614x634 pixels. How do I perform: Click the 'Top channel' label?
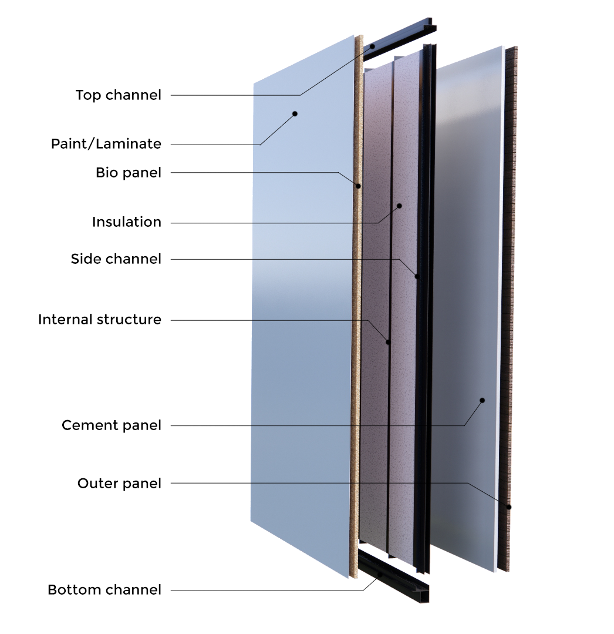119,95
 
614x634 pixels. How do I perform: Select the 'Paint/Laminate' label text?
106,144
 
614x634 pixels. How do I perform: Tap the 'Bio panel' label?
128,173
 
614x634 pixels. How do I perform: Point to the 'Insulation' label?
127,222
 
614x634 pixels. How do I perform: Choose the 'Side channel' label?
115,259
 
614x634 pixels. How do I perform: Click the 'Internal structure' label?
100,320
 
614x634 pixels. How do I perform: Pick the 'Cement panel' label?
111,425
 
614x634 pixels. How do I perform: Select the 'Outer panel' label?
119,484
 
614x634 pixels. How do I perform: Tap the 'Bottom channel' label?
104,589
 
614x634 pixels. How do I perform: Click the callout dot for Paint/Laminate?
295,113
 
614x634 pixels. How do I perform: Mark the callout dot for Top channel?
372,45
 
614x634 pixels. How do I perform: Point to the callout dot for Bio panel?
357,186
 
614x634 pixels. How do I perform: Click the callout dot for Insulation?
399,206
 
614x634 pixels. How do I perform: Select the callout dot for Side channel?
417,276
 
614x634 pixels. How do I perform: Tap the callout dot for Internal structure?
388,341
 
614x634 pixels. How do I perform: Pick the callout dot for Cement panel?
482,400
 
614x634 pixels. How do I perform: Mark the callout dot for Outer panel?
508,505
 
